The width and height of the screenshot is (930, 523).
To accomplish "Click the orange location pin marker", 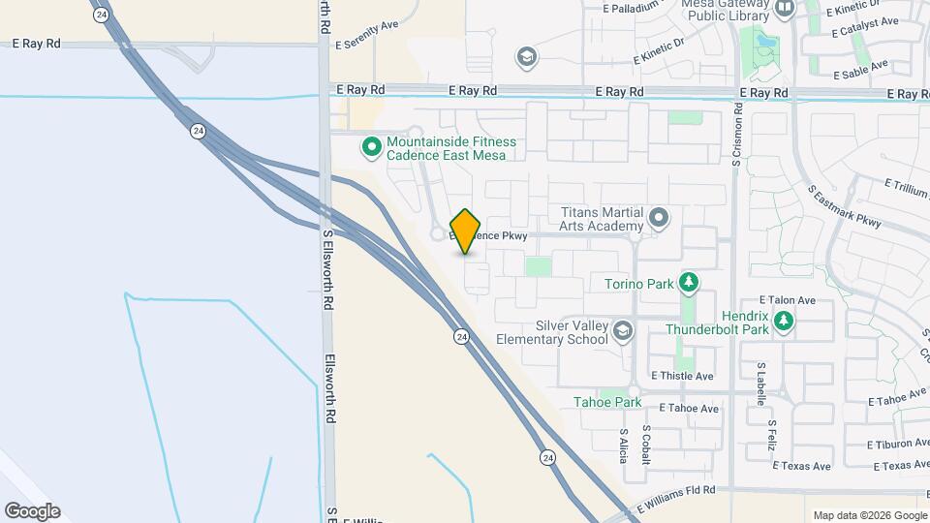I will click(466, 231).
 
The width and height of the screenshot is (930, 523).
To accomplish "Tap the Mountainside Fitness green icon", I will click(371, 148).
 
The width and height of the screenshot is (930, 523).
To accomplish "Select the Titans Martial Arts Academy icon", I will click(660, 218).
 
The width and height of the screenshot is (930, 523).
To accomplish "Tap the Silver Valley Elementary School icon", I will click(622, 332).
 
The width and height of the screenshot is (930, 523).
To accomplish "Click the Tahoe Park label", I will click(607, 402).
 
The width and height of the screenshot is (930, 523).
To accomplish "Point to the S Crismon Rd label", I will click(738, 139).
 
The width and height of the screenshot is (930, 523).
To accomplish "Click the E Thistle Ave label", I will click(682, 376).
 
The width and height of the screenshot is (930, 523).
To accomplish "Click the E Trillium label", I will click(907, 184).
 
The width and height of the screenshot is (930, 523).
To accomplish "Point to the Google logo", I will click(32, 511).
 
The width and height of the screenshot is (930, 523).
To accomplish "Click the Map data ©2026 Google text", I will click(869, 515).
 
